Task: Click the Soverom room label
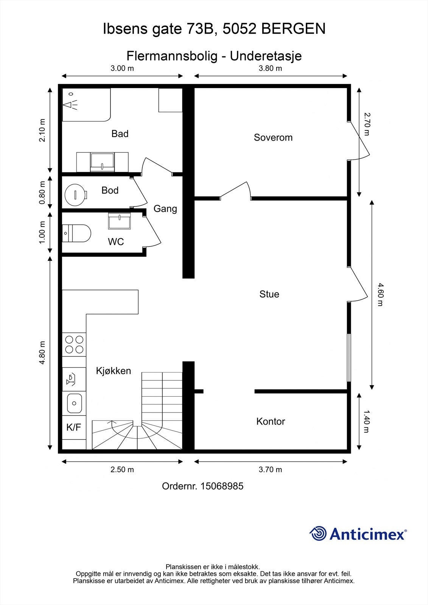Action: (273, 138)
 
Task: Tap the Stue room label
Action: (269, 294)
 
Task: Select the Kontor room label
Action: (271, 421)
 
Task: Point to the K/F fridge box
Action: (74, 427)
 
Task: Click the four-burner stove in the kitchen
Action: (74, 344)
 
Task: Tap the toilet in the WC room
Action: (76, 233)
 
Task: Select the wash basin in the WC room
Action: (119, 221)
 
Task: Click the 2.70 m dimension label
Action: (367, 124)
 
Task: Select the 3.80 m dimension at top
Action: (270, 68)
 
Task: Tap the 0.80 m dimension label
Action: (42, 192)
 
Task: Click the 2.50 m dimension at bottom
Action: (122, 469)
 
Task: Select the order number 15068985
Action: (222, 486)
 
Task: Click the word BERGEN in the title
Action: (294, 29)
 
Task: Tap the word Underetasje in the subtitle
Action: (266, 56)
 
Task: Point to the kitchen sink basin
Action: (74, 403)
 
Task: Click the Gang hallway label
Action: (165, 209)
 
